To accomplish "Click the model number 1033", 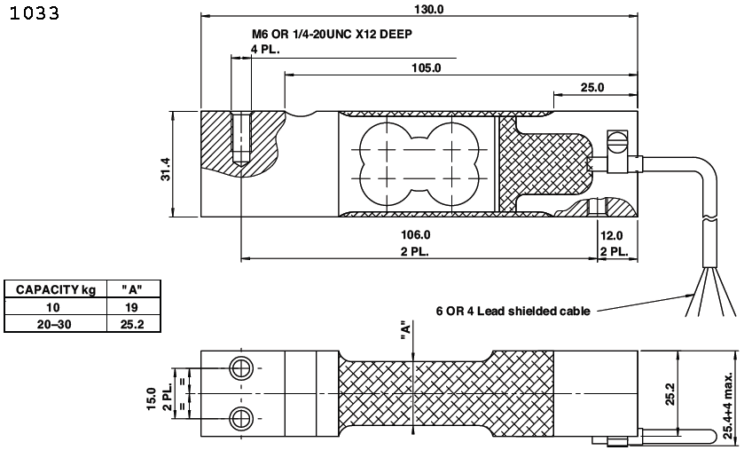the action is point(35,13).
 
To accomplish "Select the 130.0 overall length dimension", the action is point(428,9).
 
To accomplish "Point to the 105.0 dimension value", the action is point(426,67).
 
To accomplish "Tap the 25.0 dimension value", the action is point(592,87).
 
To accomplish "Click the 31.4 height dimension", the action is point(166,169).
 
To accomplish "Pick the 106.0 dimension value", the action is point(416,234).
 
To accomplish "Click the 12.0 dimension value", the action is point(612,235).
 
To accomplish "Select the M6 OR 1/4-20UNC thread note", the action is point(332,34).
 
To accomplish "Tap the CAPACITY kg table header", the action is point(56,289).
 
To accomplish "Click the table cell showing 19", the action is point(131,307).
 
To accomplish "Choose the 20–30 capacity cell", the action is point(54,325).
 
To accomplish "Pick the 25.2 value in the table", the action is point(132,325).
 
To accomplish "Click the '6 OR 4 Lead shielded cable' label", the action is point(513,311).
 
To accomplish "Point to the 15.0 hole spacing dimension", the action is point(152,399).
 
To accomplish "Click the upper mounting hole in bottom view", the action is point(241,368).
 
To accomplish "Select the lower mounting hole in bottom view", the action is point(241,419).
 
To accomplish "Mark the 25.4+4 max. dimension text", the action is point(728,406).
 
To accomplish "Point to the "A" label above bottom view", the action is point(406,331).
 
